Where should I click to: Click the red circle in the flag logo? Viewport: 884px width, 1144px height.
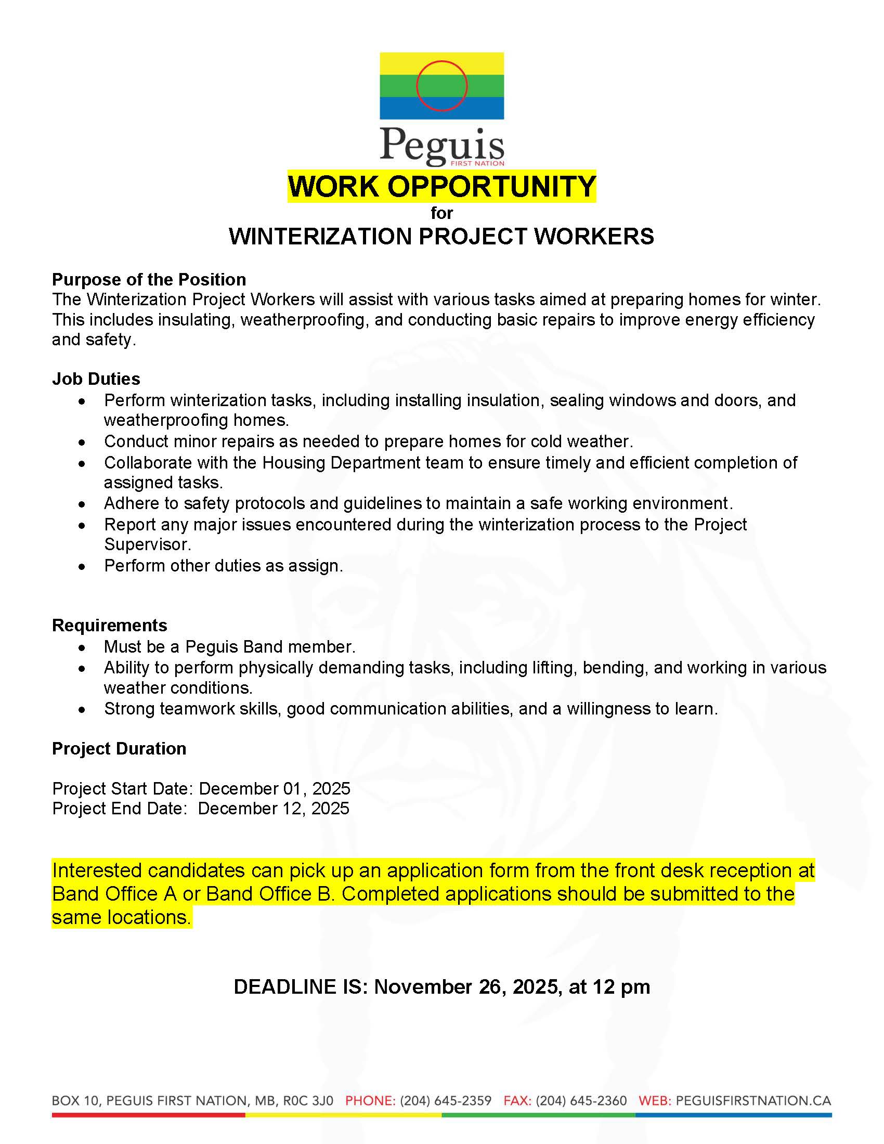(441, 86)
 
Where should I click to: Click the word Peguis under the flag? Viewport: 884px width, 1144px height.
(441, 145)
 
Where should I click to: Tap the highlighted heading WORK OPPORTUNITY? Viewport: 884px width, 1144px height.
(441, 187)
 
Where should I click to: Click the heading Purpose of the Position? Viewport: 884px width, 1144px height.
(149, 280)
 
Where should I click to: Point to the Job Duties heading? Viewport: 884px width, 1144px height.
(96, 379)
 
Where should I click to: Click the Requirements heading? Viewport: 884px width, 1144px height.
(109, 625)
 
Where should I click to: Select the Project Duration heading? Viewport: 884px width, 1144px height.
(119, 748)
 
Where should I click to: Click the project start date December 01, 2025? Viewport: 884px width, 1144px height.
(275, 788)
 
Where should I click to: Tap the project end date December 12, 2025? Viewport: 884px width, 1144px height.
(274, 808)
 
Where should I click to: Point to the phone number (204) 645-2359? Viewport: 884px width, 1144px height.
(446, 1100)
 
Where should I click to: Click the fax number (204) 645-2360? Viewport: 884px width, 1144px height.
(581, 1100)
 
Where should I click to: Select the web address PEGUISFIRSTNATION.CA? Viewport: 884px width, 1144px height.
(753, 1100)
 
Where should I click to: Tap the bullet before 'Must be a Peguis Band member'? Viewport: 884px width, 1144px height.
(82, 648)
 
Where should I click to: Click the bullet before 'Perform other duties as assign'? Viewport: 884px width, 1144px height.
(82, 567)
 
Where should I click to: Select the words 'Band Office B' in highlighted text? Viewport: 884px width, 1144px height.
(270, 894)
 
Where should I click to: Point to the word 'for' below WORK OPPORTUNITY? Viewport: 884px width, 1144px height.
(441, 213)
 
